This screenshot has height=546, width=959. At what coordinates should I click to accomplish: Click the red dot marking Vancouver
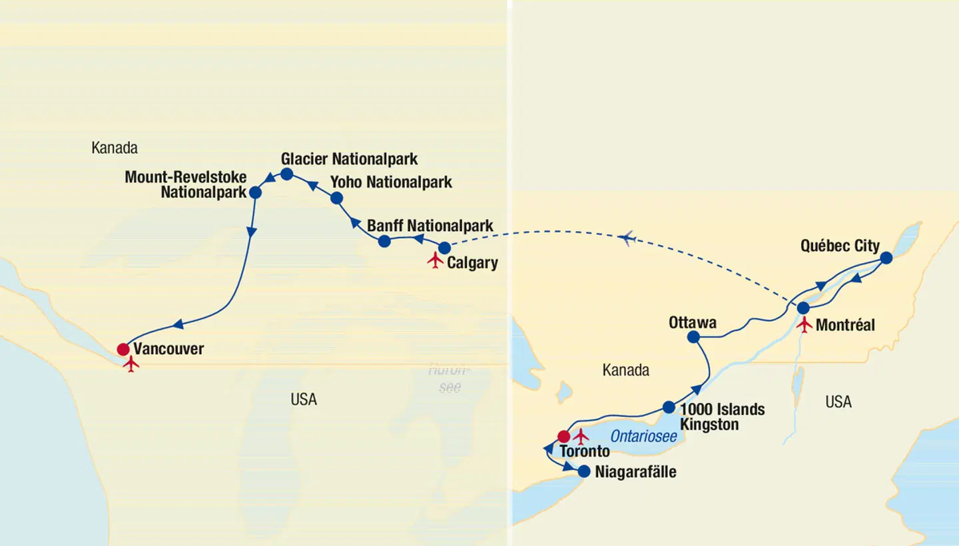[123, 349]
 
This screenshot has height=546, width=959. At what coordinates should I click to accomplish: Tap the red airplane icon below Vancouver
[131, 364]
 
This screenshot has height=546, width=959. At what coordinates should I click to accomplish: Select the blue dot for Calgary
[444, 248]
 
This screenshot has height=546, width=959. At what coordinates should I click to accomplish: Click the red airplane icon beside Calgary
[436, 260]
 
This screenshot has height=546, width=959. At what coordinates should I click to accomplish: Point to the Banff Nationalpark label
[430, 226]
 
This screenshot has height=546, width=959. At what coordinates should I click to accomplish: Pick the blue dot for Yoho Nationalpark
[336, 198]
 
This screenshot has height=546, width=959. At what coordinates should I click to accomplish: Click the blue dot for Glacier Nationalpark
[287, 174]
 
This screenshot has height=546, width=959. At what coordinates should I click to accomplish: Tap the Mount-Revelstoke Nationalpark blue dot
[255, 192]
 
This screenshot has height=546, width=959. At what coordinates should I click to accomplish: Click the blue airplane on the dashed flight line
[626, 238]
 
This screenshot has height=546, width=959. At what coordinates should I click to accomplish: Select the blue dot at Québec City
[886, 258]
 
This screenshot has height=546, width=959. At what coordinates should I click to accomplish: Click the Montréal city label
[845, 326]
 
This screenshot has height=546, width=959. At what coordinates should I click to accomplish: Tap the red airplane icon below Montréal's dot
[805, 325]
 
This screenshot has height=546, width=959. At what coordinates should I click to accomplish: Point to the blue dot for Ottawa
[693, 338]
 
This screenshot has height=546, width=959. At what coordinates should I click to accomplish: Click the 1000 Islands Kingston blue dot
[669, 407]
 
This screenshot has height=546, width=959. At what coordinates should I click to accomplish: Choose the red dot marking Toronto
[563, 437]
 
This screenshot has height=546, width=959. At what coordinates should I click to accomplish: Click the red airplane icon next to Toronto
[581, 437]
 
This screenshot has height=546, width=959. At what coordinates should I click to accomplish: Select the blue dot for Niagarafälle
[583, 471]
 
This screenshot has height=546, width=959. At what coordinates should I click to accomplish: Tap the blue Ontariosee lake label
[643, 437]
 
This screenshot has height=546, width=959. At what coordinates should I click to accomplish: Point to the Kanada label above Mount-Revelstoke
[115, 148]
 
